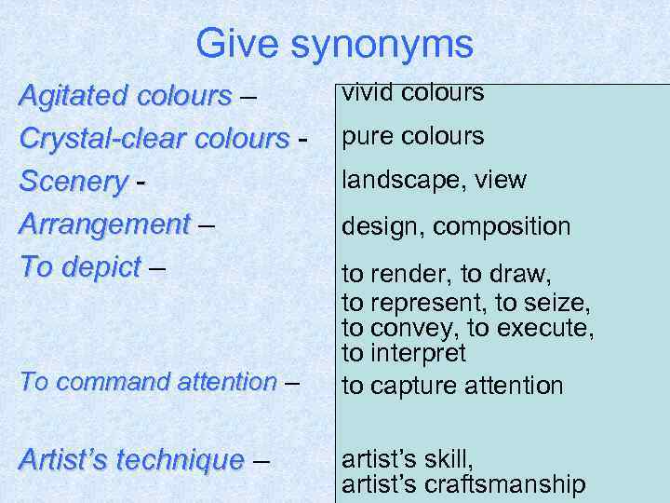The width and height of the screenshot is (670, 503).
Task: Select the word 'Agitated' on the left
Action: [x=74, y=96]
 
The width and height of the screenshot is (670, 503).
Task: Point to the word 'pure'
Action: [x=365, y=138]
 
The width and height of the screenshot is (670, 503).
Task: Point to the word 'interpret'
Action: [x=418, y=354]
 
